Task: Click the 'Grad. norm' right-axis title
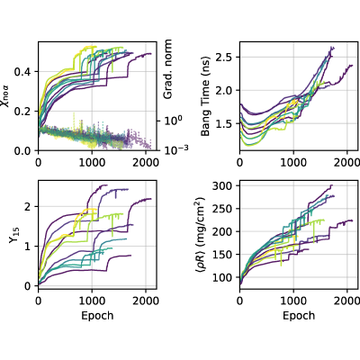(168, 69)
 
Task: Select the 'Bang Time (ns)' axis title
(205, 96)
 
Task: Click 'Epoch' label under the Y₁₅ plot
(97, 307)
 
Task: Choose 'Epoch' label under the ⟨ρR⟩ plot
(299, 307)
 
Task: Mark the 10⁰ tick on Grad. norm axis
(173, 120)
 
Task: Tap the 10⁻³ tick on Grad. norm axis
(176, 149)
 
